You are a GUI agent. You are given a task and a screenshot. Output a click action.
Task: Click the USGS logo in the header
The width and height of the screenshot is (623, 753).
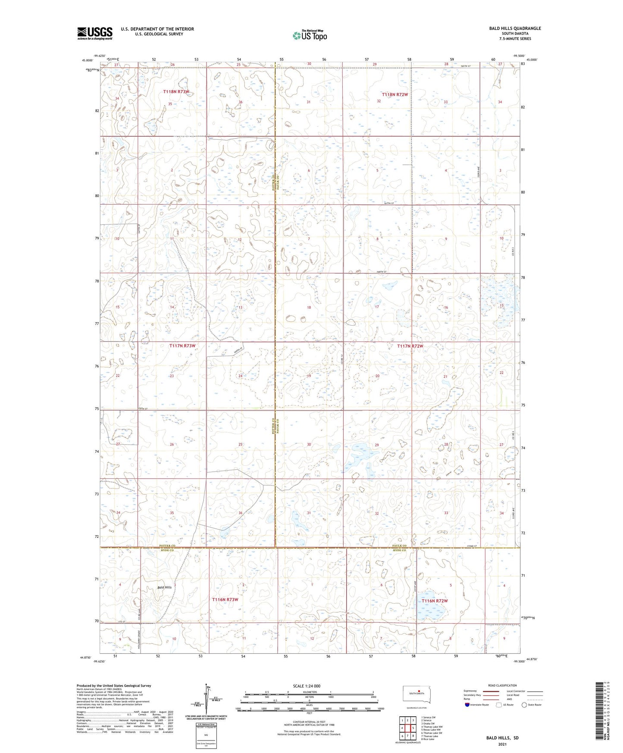pyautogui.click(x=95, y=33)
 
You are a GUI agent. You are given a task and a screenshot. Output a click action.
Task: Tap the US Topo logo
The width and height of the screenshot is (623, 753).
pyautogui.click(x=309, y=35)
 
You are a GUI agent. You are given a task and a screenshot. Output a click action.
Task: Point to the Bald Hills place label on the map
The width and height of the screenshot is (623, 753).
pyautogui.click(x=164, y=587)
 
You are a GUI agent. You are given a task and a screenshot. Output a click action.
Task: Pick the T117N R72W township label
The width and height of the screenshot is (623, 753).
pyautogui.click(x=410, y=346)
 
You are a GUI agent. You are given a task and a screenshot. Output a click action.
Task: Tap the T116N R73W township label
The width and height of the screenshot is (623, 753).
pyautogui.click(x=225, y=599)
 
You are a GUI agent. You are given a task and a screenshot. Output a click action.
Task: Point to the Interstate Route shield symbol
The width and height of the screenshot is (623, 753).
pyautogui.click(x=468, y=705)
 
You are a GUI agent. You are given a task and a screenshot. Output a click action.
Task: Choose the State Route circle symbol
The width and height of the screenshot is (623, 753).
pyautogui.click(x=524, y=705)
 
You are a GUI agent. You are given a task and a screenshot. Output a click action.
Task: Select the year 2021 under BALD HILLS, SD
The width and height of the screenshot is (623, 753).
pyautogui.click(x=501, y=744)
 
